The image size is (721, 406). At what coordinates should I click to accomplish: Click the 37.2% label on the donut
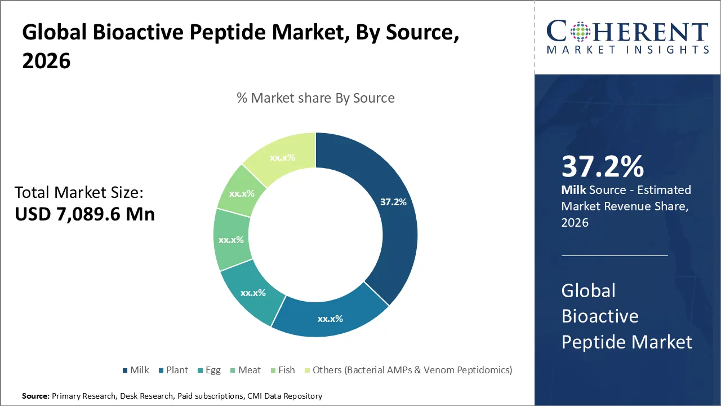point(393,202)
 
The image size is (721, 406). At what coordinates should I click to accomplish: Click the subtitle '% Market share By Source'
point(315,98)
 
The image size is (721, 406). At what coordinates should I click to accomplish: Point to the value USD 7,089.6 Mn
point(84,214)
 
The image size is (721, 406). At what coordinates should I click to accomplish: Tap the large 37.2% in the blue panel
point(603,167)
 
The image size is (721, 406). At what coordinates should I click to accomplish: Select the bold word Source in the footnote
point(35,396)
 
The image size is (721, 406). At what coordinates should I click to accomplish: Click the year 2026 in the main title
point(46,61)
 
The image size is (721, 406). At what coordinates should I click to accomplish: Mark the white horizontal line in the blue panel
point(615,255)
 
